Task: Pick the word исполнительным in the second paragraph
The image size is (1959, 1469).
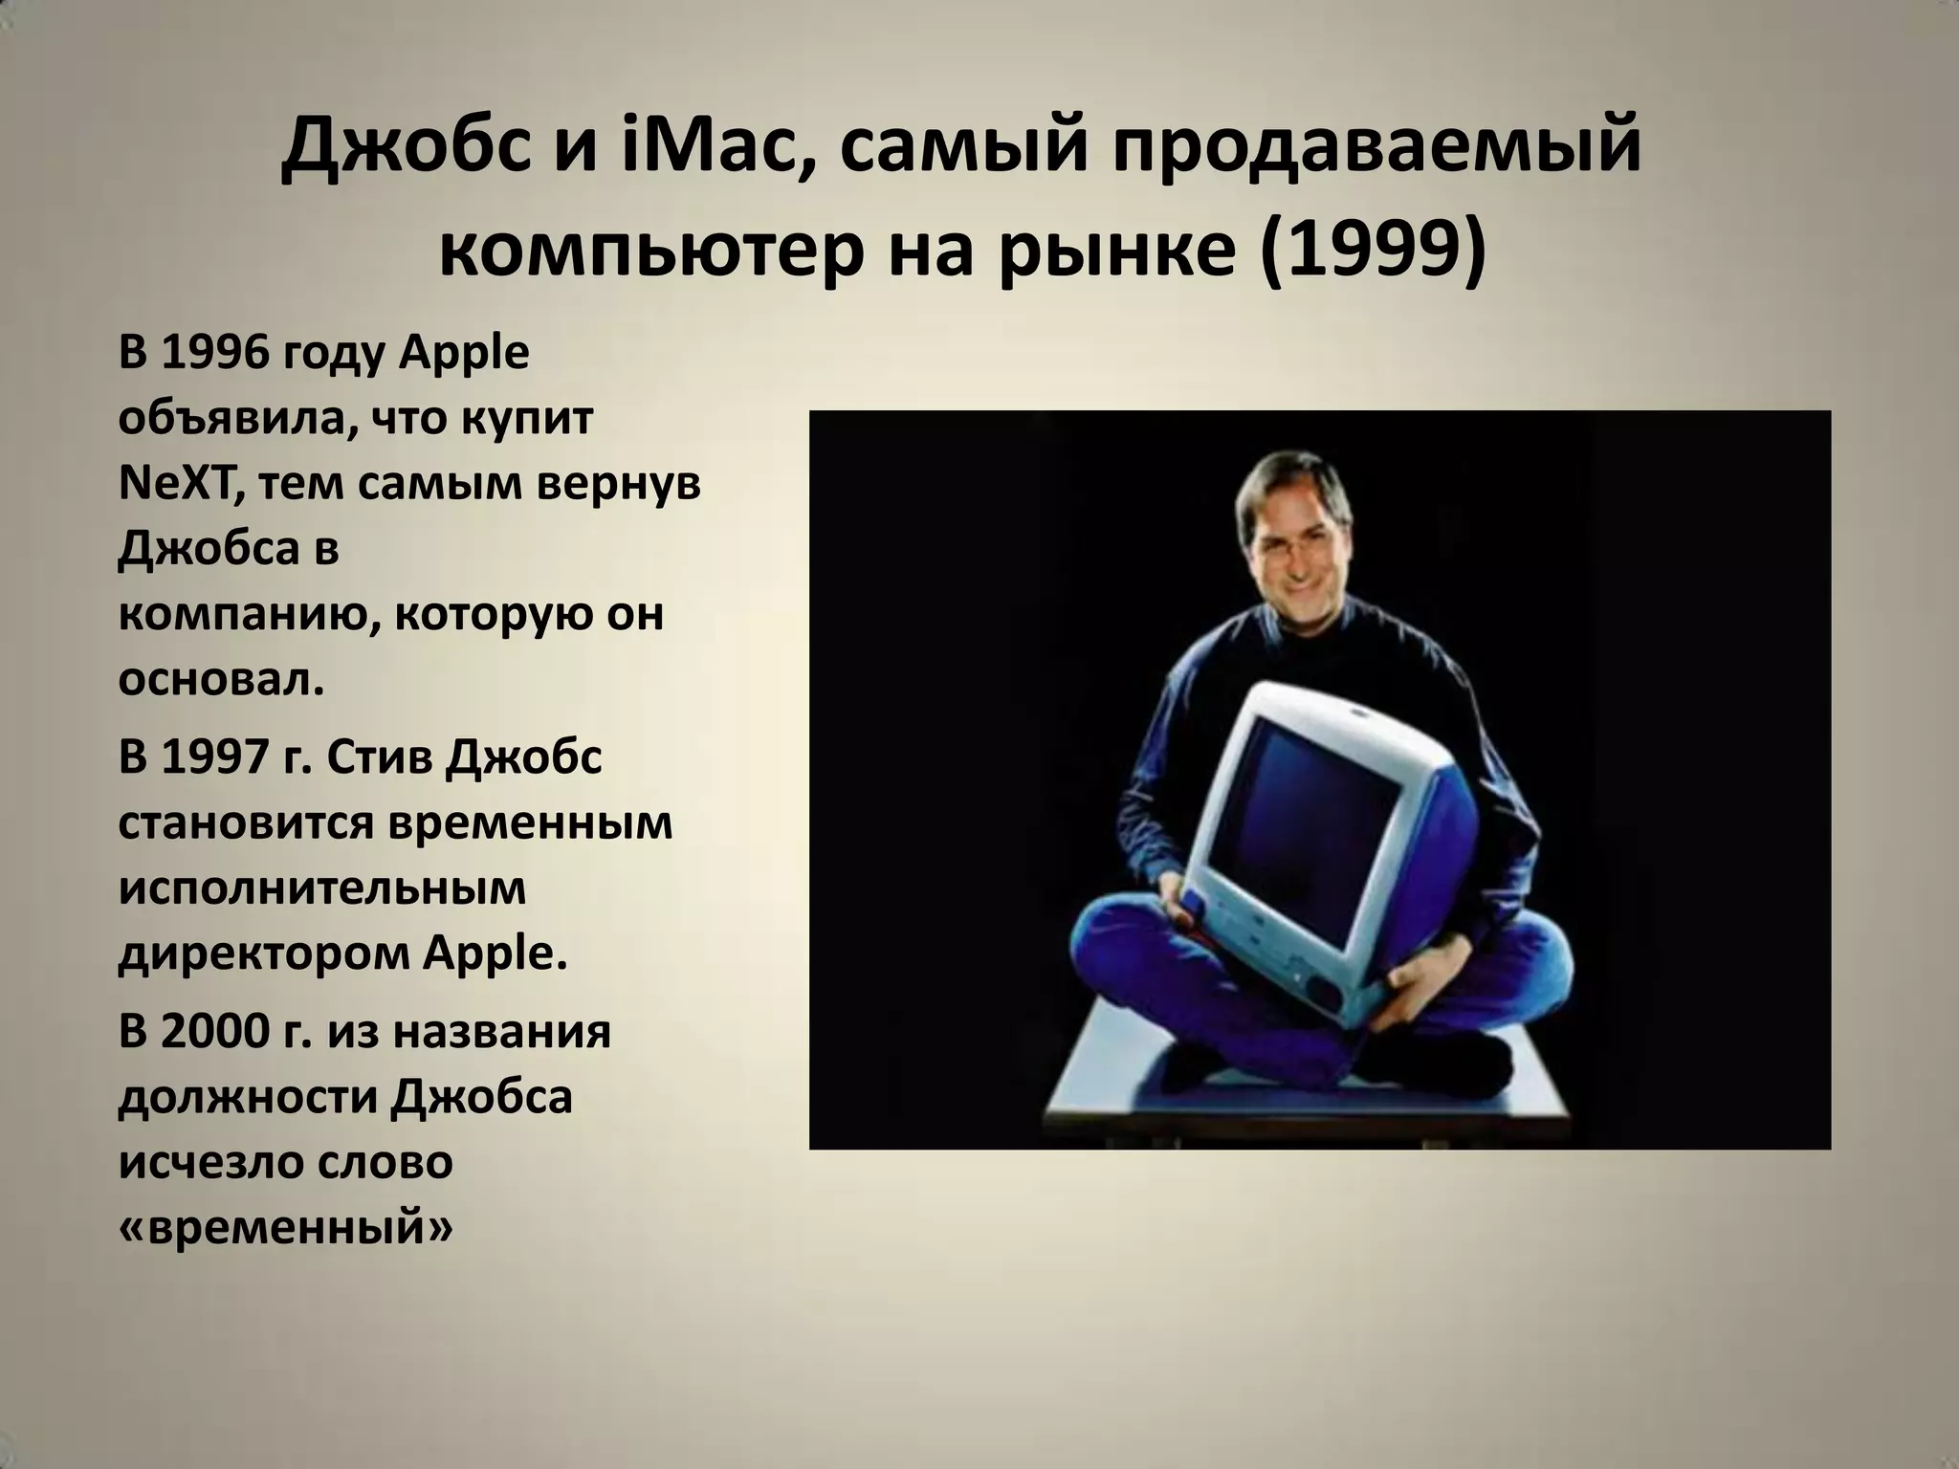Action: coord(322,888)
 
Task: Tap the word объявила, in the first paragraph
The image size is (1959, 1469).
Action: coord(236,419)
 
